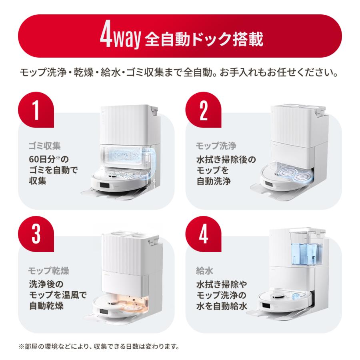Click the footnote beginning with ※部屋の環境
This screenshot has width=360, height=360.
pos(98,346)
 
